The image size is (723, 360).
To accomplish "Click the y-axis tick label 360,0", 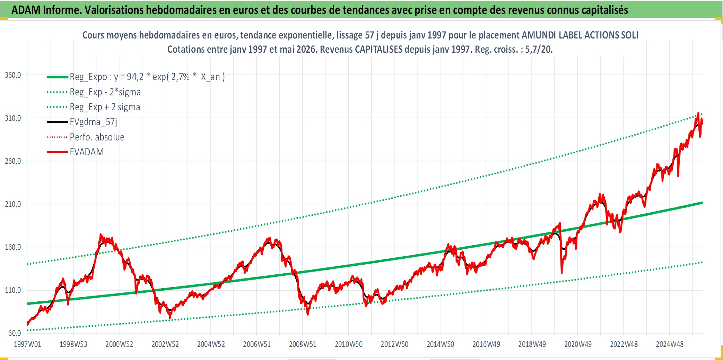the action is pyautogui.click(x=13, y=75).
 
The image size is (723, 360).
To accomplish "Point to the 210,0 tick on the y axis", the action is pyautogui.click(x=13, y=204).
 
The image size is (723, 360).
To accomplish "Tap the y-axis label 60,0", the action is pyautogui.click(x=15, y=333).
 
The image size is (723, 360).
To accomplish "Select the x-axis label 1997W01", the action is pyautogui.click(x=27, y=344).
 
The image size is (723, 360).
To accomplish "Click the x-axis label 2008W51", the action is pyautogui.click(x=303, y=344).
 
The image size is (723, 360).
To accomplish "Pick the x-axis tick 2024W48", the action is pyautogui.click(x=670, y=344).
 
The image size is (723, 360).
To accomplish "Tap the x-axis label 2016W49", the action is pyautogui.click(x=486, y=344).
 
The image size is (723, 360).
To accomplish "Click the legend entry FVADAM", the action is pyautogui.click(x=87, y=152).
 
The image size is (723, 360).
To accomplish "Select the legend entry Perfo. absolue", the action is pyautogui.click(x=97, y=137).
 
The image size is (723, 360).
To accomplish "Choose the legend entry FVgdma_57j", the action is pyautogui.click(x=94, y=122).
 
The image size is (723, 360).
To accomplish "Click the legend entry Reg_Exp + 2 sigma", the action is pyautogui.click(x=105, y=107).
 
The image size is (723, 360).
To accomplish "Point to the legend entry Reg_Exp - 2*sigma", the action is pyautogui.click(x=105, y=92).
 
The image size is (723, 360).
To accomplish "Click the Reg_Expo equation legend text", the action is pyautogui.click(x=147, y=77).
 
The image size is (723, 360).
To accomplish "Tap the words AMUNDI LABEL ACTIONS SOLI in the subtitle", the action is pyautogui.click(x=580, y=35).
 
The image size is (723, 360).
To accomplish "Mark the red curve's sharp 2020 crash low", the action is pyautogui.click(x=561, y=273).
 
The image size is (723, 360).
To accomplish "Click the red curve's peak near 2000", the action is pyautogui.click(x=101, y=234).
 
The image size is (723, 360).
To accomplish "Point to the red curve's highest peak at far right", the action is pyautogui.click(x=698, y=113).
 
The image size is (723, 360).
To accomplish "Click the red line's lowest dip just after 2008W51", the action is pyautogui.click(x=308, y=314).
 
